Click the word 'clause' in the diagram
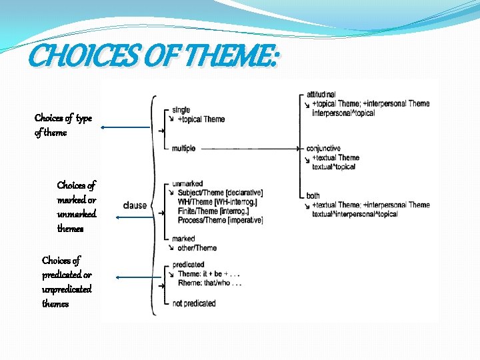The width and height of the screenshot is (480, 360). [135, 205]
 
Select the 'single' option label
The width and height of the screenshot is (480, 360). [181, 110]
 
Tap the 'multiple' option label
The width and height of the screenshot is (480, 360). [183, 149]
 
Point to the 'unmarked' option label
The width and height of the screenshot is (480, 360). [187, 183]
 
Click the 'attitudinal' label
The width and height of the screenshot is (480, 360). [321, 95]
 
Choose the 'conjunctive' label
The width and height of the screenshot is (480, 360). [323, 149]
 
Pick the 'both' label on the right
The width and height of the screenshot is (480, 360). [313, 196]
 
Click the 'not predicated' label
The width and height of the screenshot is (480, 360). [194, 303]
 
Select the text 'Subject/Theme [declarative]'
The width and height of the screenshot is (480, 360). [220, 193]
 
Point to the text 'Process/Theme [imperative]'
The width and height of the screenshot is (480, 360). [220, 220]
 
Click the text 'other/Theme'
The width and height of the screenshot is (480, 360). [197, 248]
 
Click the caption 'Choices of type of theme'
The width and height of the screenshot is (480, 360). [63, 125]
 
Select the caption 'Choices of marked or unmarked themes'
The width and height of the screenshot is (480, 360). [77, 207]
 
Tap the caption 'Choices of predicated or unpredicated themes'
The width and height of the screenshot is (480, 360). [67, 282]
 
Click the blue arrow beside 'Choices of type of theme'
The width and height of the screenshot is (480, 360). [127, 127]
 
